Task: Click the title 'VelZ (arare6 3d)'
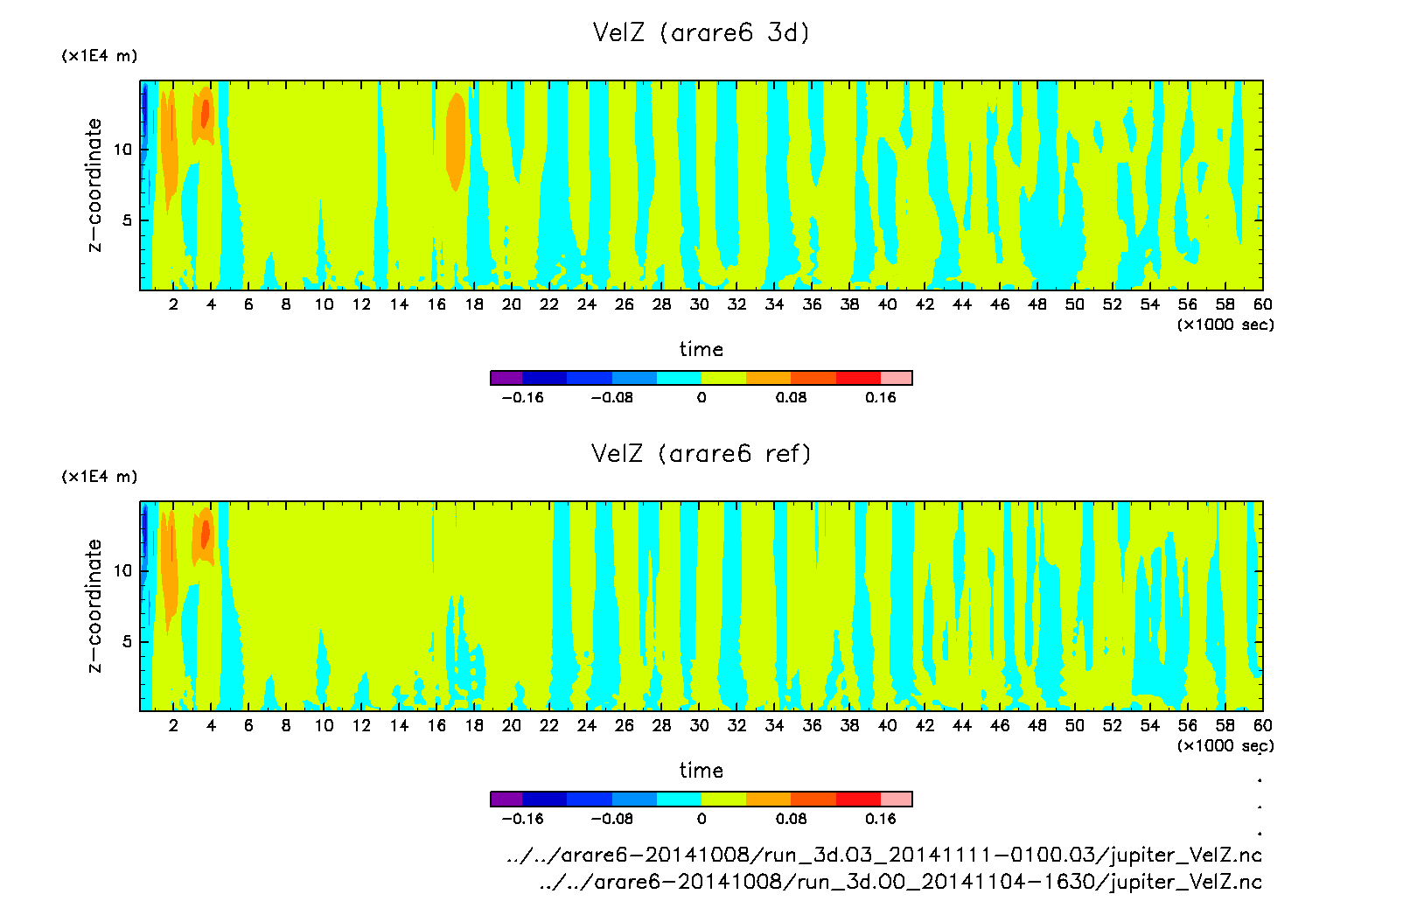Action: click(x=701, y=32)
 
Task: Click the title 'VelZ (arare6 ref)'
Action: click(x=701, y=453)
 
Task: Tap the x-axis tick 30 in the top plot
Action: click(x=699, y=304)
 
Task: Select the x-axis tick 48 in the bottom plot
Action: click(x=1037, y=725)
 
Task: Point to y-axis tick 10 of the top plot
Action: click(x=122, y=150)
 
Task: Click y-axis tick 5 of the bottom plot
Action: click(x=128, y=641)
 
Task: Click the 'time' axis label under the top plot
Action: click(x=701, y=349)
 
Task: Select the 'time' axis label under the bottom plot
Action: click(x=701, y=771)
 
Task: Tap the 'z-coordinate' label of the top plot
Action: click(x=94, y=185)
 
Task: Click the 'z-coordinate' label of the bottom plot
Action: click(x=94, y=605)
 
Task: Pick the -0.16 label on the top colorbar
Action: click(x=522, y=397)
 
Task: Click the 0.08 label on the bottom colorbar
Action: click(x=791, y=819)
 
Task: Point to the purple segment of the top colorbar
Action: click(x=506, y=378)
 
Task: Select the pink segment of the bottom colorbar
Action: click(x=897, y=799)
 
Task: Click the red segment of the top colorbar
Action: click(x=858, y=378)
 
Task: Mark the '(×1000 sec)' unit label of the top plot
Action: click(x=1225, y=325)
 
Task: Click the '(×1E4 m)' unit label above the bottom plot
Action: click(x=99, y=477)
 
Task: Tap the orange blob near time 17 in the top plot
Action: click(x=455, y=140)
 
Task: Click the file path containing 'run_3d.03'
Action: click(x=883, y=855)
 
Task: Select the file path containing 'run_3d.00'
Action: click(x=900, y=882)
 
